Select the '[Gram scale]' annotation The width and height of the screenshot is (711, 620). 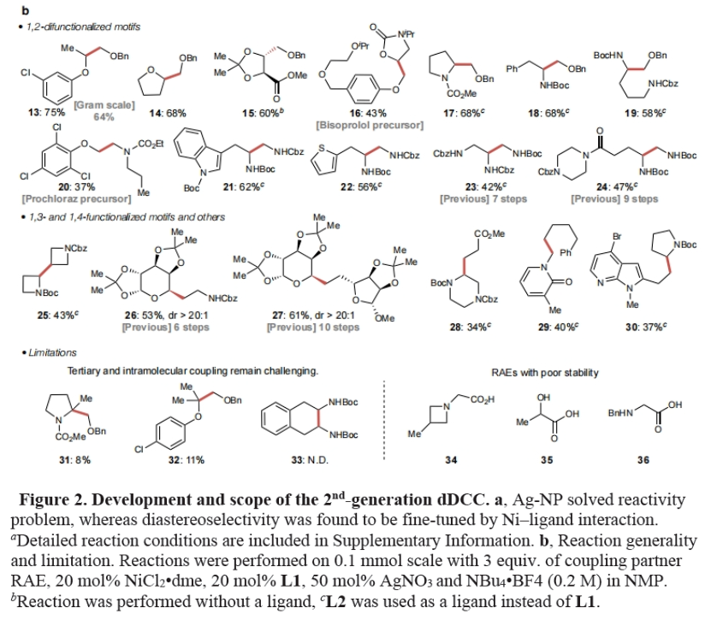coord(105,104)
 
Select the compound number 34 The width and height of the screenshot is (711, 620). coord(451,461)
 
